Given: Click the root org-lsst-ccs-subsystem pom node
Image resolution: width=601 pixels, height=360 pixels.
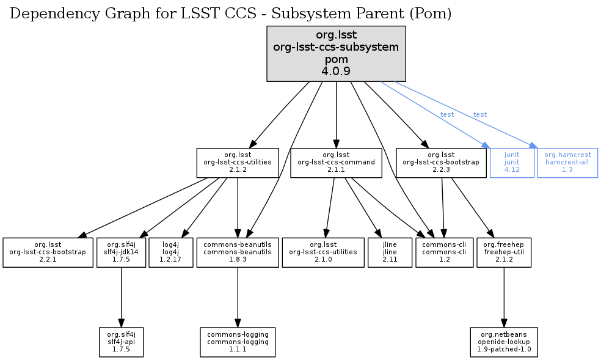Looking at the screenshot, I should (336, 54).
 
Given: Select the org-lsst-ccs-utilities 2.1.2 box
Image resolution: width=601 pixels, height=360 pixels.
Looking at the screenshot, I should (238, 163).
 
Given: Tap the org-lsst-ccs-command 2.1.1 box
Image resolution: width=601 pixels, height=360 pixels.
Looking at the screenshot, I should (336, 163).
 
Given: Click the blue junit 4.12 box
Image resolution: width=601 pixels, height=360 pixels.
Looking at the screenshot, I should (512, 163).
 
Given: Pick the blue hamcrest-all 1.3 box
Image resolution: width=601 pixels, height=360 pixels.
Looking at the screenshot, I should (567, 163).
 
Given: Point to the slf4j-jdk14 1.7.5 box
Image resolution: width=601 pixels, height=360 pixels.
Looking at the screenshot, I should (121, 252).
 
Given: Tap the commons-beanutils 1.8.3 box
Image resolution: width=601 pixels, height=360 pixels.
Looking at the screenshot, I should (238, 252).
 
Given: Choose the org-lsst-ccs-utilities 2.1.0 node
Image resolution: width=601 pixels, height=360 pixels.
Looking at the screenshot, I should (323, 252).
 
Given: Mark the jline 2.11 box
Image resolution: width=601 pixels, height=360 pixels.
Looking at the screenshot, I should (390, 252).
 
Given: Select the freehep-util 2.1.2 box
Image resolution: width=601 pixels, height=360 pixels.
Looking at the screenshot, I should (504, 252).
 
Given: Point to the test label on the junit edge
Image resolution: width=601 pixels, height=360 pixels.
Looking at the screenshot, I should (446, 114).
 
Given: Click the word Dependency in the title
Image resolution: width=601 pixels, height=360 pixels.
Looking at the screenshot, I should (45, 14).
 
